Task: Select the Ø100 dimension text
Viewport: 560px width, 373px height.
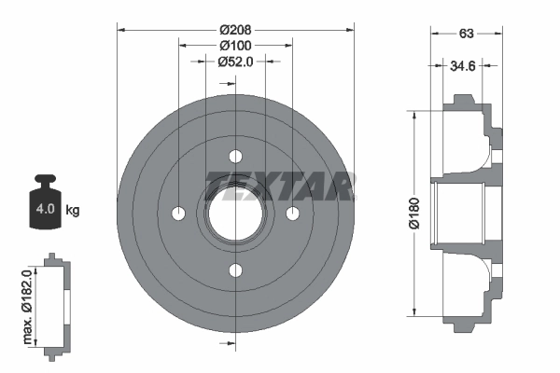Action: click(235, 45)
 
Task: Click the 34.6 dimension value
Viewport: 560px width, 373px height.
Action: click(463, 67)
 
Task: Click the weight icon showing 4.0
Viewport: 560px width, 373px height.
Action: click(45, 197)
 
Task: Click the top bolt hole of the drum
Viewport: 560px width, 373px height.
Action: click(235, 156)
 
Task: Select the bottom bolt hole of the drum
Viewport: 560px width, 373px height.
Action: click(235, 271)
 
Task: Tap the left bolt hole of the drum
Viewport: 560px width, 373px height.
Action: click(178, 214)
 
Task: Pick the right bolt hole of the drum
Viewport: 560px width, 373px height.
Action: click(293, 214)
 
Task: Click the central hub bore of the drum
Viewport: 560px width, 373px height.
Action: click(235, 214)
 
